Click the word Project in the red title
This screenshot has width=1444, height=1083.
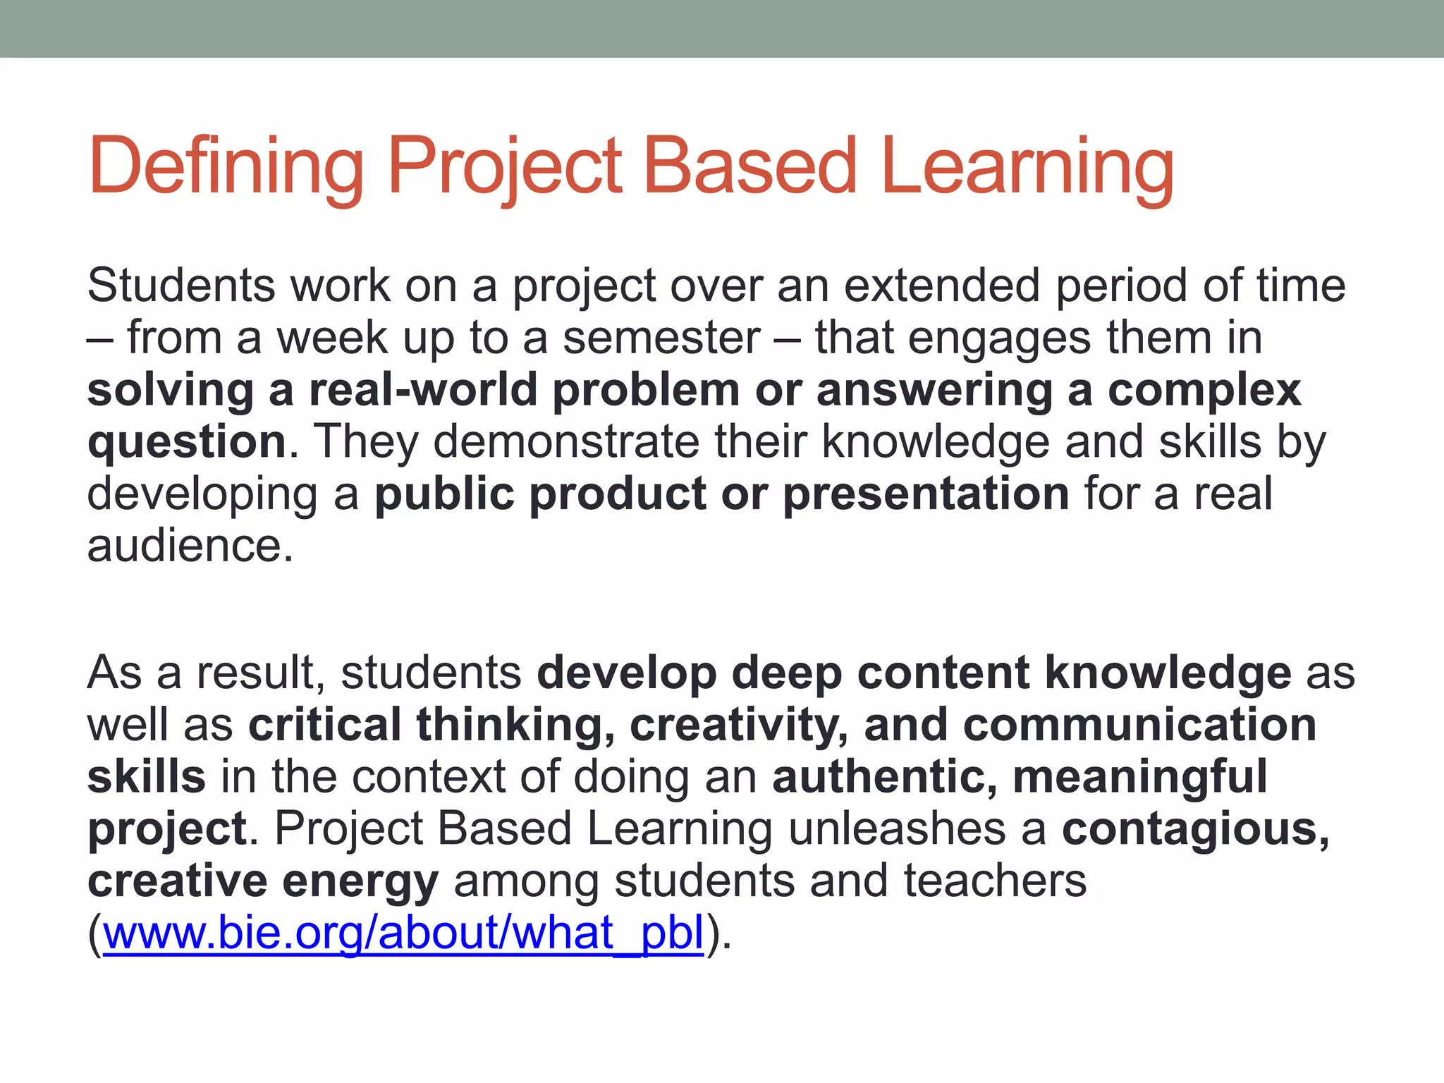coord(505,166)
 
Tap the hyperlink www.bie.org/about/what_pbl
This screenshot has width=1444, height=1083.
coord(403,933)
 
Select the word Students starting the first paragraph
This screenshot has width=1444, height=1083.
coord(181,286)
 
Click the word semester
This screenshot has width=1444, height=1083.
coord(662,338)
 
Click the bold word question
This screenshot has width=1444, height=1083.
coord(187,443)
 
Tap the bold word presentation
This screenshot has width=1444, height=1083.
coord(926,494)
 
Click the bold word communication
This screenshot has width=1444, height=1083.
coord(1139,725)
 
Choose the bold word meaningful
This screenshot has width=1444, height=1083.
coord(1140,776)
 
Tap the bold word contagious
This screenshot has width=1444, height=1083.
coord(1195,828)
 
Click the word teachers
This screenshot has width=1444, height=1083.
coord(995,881)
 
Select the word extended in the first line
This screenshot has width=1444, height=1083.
coord(942,286)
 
